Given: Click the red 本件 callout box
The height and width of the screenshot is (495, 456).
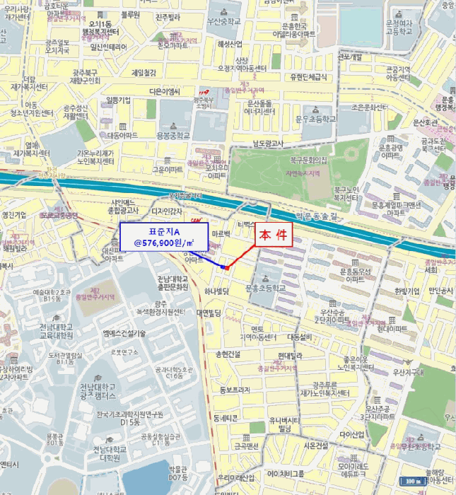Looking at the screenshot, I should click(x=272, y=236).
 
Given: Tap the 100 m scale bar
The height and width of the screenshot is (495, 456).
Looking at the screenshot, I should click(x=413, y=481).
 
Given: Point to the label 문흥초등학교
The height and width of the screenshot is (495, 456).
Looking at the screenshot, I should click(x=264, y=289).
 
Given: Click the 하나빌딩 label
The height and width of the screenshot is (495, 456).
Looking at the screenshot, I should click(x=216, y=291).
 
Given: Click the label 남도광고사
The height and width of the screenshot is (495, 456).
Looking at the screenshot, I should click(x=268, y=144).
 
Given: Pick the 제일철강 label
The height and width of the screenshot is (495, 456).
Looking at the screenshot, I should click(x=144, y=72).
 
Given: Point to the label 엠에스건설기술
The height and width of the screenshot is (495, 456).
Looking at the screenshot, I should click(x=124, y=333).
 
